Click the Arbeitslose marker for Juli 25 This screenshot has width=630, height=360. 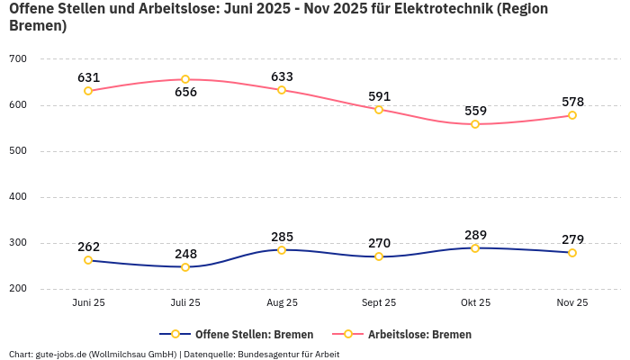point(185,79)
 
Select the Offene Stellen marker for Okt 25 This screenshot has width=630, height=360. point(475,247)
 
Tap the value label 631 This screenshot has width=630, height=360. point(88,77)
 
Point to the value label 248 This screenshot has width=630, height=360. point(185,254)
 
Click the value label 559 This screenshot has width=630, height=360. point(475,111)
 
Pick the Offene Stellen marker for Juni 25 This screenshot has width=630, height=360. point(88,260)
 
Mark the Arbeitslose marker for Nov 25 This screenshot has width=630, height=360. point(572,115)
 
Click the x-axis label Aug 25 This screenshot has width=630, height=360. point(282,303)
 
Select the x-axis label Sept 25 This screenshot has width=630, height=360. point(379,303)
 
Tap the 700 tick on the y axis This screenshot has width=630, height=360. point(18,59)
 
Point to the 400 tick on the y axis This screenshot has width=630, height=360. point(18,197)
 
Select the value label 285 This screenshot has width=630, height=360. point(282,237)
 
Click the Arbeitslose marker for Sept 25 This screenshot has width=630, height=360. point(379,110)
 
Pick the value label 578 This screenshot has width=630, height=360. point(572,102)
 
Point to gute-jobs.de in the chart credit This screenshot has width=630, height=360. point(60,355)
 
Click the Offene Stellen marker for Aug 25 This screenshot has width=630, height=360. point(282,250)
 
